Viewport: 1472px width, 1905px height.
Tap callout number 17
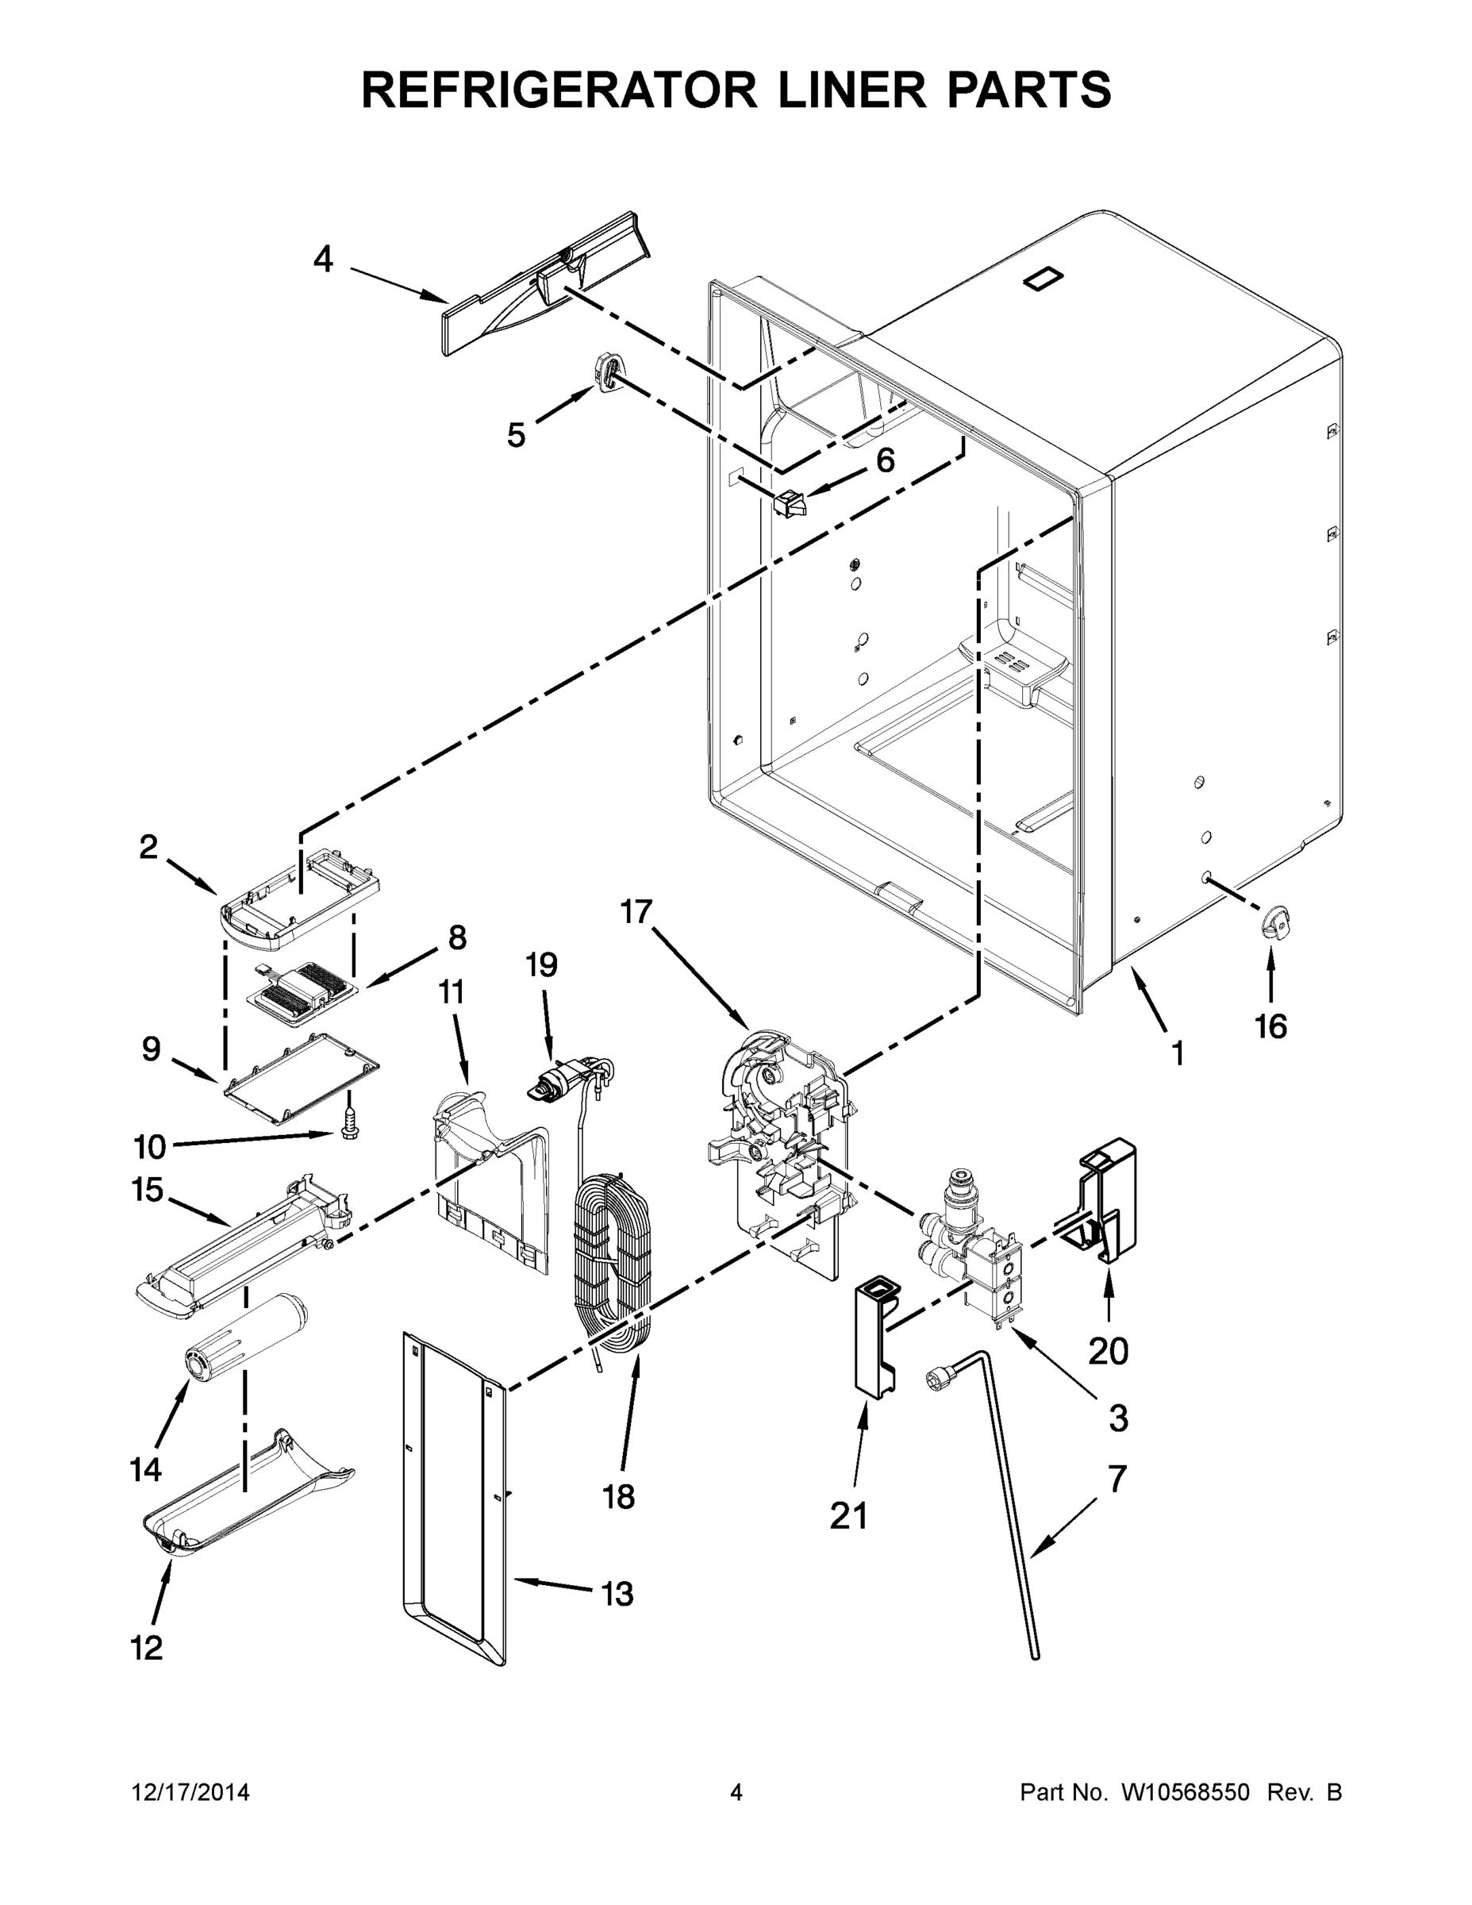tap(636, 911)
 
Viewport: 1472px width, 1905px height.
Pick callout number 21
tap(847, 1516)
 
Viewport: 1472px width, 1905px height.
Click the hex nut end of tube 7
tap(937, 1377)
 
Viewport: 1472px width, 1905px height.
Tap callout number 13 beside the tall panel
tap(617, 1594)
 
